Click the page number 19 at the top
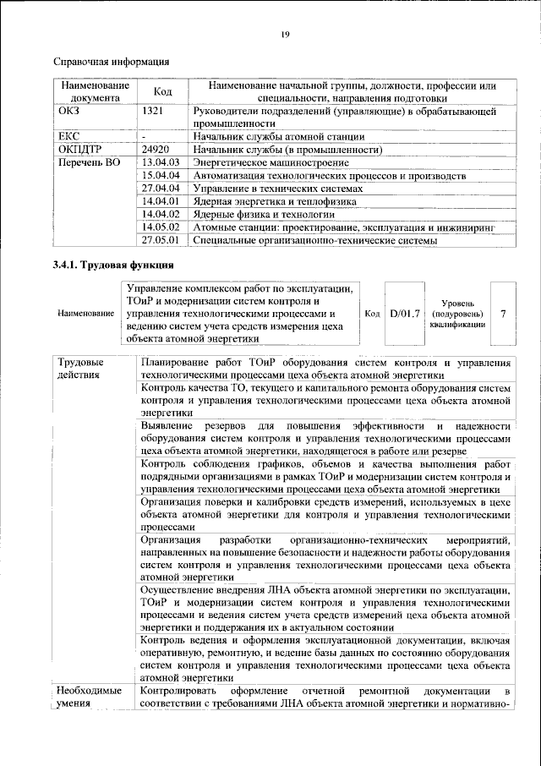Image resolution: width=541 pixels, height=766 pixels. point(285,34)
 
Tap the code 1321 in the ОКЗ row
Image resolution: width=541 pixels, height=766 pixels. point(153,111)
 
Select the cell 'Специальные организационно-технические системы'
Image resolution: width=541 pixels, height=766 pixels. point(315,241)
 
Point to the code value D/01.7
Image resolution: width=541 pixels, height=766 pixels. point(405,314)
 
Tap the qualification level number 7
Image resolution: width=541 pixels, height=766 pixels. point(504,314)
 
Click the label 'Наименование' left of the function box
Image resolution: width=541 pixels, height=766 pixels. point(86,315)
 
